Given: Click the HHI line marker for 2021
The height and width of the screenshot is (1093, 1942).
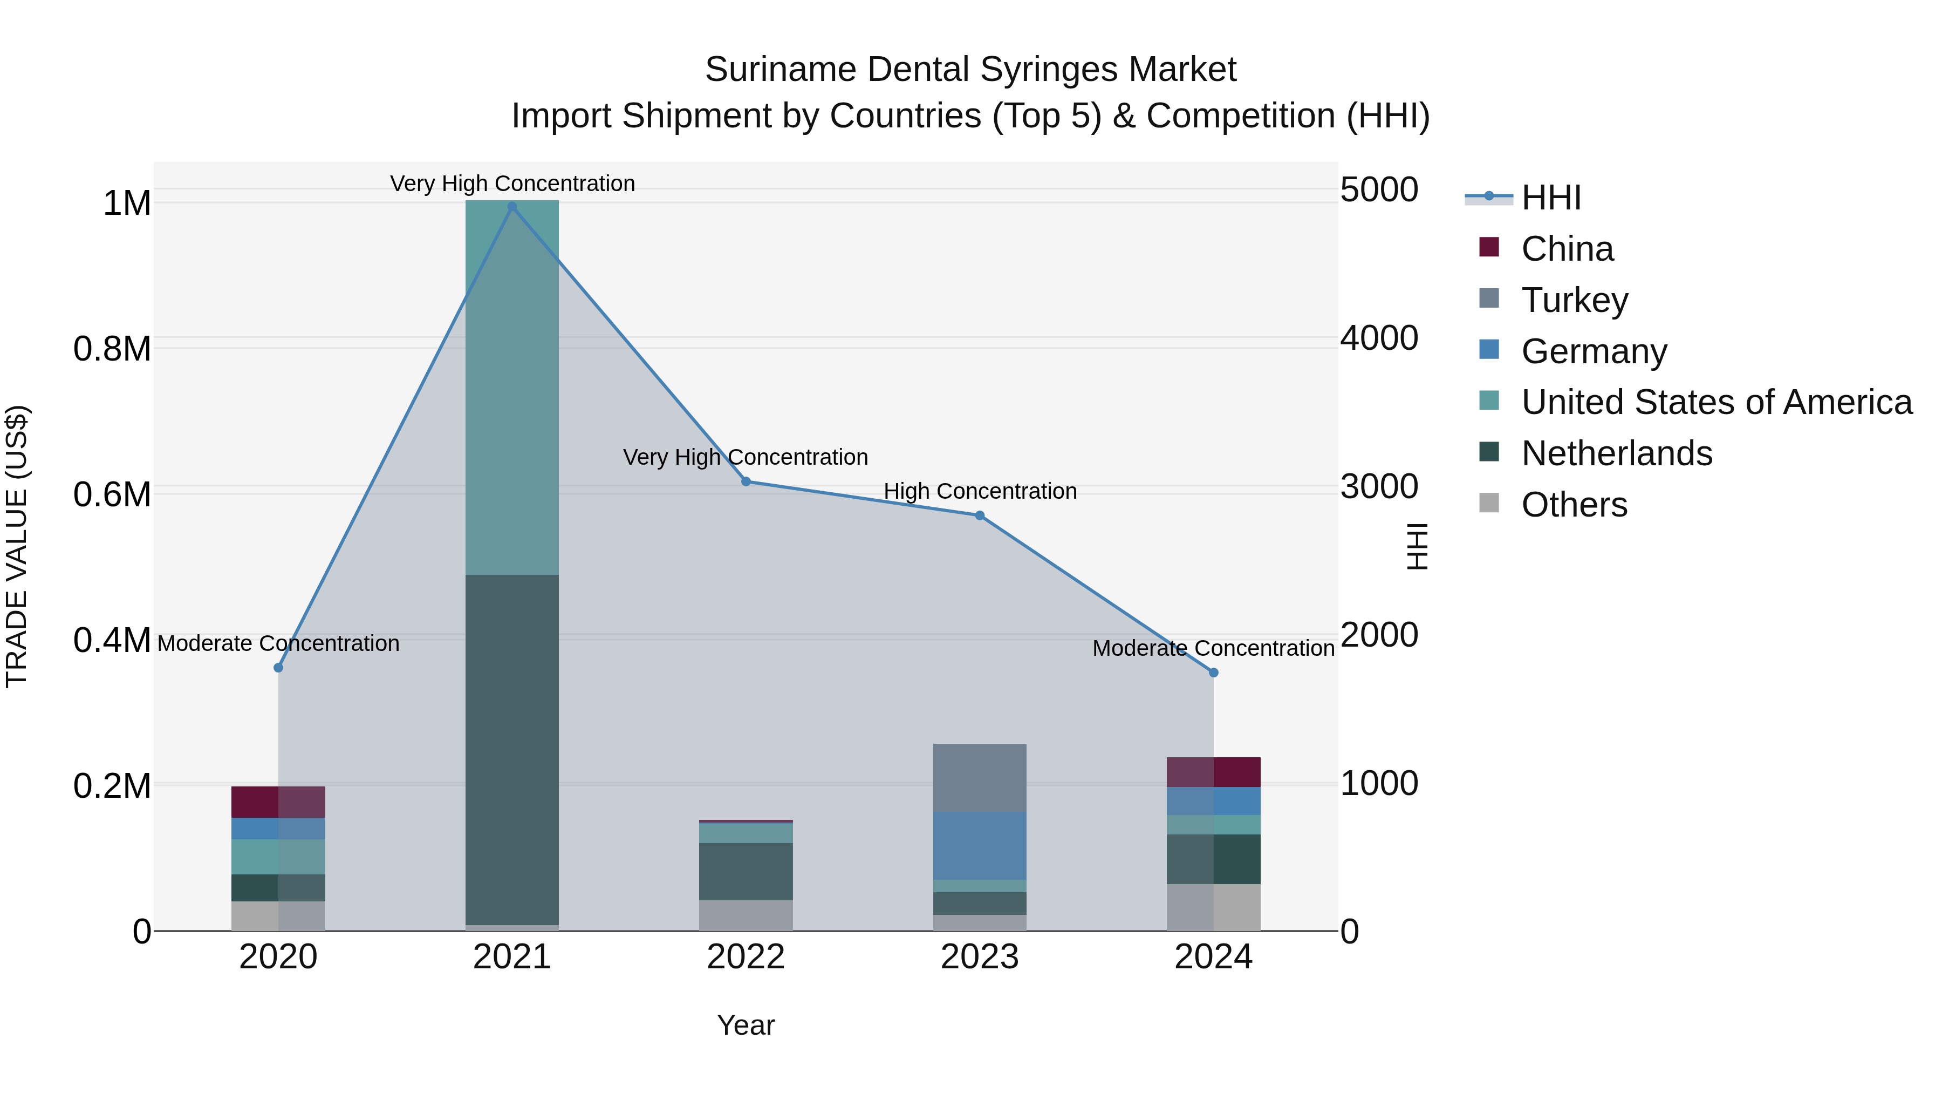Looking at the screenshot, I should [x=512, y=207].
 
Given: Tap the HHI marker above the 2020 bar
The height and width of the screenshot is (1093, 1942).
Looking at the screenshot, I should [x=278, y=668].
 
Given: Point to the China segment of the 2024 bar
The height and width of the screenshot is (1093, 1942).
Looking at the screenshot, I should [x=1213, y=772].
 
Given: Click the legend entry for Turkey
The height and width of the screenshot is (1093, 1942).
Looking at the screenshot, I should [x=1574, y=300].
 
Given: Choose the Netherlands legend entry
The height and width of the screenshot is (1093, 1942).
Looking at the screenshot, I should [x=1616, y=453].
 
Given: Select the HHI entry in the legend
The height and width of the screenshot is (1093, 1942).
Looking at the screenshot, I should [x=1551, y=198].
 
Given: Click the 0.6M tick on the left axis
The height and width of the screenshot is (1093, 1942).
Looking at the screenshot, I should [x=112, y=495].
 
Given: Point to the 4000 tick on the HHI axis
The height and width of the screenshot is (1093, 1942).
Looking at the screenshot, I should [x=1379, y=338].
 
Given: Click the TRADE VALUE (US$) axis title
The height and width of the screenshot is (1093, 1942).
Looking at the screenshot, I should [x=17, y=546].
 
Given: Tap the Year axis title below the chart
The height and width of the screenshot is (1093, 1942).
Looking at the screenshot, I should [x=746, y=1025].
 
